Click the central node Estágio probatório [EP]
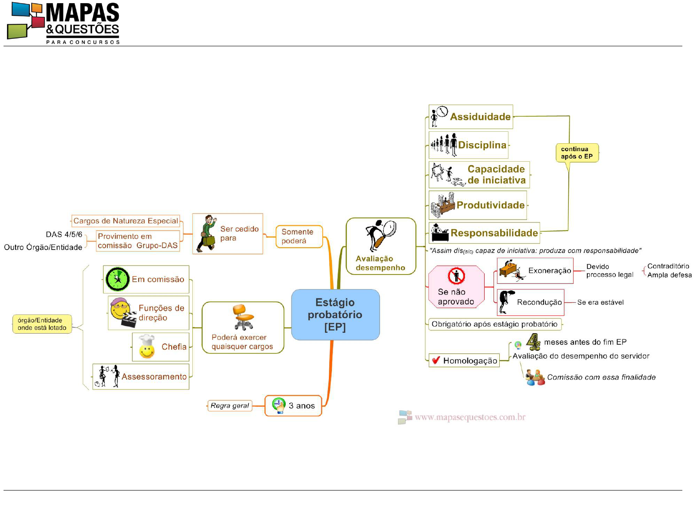coord(335,315)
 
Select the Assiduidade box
coord(471,117)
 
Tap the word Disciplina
coord(482,145)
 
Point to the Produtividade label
coord(490,205)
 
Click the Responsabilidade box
coord(484,233)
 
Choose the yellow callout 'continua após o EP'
coord(577,153)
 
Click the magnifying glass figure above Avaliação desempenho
coord(381,235)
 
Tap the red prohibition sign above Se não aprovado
coord(456,276)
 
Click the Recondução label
coord(539,302)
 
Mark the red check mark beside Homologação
coord(436,360)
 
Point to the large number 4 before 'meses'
coord(533,342)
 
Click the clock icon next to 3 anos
coord(279,405)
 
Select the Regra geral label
coord(230,405)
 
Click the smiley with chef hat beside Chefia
coord(147,347)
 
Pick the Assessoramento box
coord(140,376)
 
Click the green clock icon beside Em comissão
coord(118,279)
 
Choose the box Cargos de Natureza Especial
coord(125,221)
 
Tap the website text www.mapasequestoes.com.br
coord(470,417)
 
